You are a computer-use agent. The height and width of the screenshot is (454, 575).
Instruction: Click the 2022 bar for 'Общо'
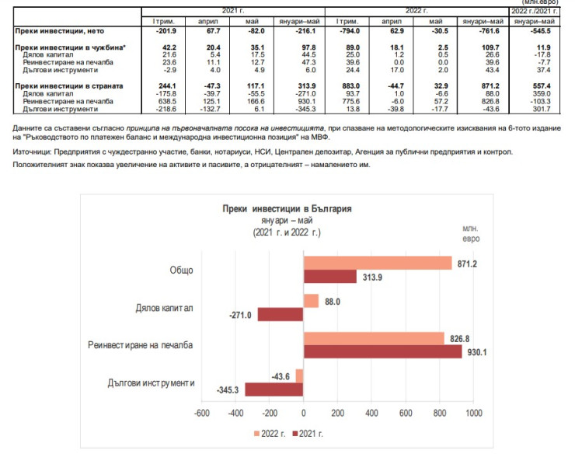[377, 264]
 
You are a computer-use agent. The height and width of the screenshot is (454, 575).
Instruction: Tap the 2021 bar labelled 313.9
[329, 276]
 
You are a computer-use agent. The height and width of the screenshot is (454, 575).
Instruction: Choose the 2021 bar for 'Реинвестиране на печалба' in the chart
[382, 351]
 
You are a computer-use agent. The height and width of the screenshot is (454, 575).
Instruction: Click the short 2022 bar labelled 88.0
[311, 301]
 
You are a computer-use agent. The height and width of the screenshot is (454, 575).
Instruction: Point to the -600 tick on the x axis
[201, 413]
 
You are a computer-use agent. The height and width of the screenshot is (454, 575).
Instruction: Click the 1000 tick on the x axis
[472, 413]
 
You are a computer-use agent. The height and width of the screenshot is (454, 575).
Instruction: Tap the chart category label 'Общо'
[182, 271]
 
